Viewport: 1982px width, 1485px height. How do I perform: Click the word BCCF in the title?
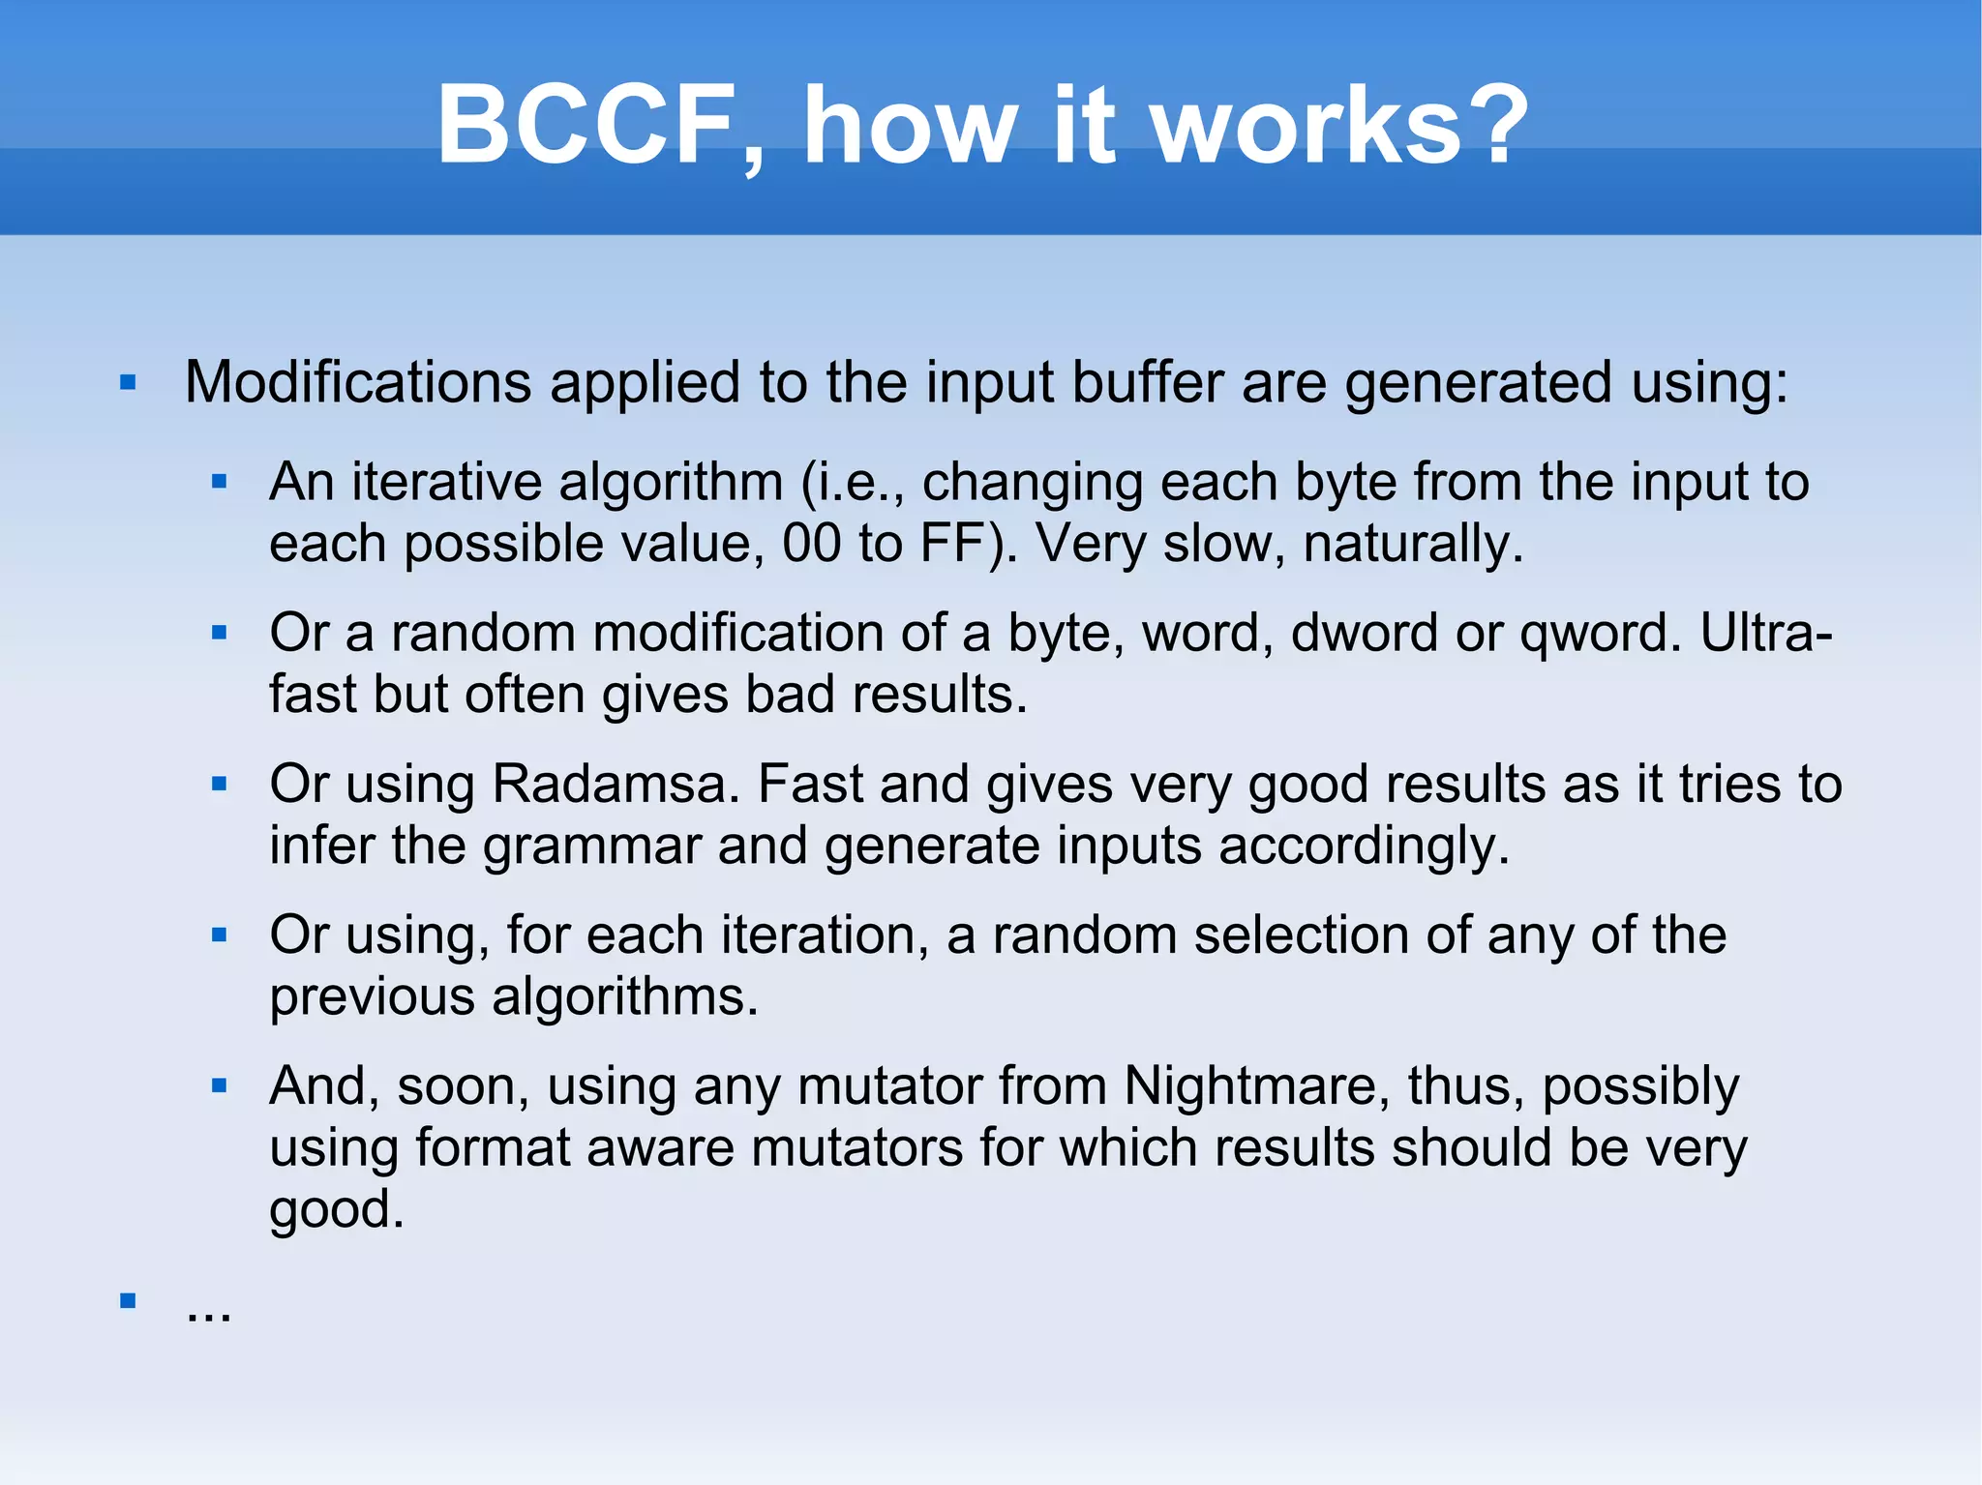tap(586, 126)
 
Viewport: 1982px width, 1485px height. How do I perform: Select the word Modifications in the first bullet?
tap(358, 382)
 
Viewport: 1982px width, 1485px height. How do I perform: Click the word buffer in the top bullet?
tap(1143, 382)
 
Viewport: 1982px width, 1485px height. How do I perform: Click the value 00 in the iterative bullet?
tap(811, 544)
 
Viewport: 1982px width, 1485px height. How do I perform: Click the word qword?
tap(1595, 634)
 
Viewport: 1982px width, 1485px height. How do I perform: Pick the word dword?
tap(1364, 634)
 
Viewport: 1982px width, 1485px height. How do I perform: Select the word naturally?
tap(1412, 544)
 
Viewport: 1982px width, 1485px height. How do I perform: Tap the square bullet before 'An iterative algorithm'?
tap(220, 481)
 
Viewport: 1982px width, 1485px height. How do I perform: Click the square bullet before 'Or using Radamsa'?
tap(220, 784)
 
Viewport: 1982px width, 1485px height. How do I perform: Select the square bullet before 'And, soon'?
tap(220, 1085)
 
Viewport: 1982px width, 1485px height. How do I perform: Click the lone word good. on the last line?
tap(336, 1209)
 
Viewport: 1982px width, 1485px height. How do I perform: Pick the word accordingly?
tap(1364, 846)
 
